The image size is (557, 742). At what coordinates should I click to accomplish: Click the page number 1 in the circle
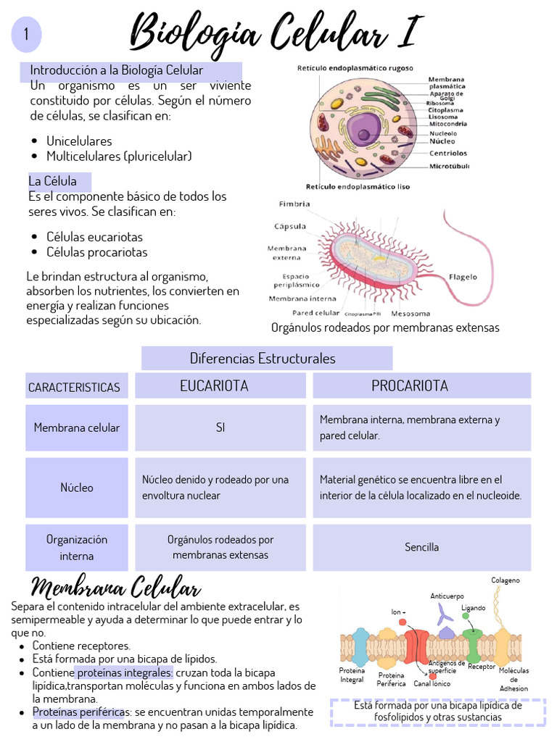pyautogui.click(x=26, y=35)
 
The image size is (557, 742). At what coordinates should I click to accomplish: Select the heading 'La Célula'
pyautogui.click(x=52, y=180)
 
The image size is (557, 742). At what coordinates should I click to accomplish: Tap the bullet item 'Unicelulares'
pyautogui.click(x=79, y=141)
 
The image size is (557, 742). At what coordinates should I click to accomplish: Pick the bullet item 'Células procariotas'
pyautogui.click(x=96, y=252)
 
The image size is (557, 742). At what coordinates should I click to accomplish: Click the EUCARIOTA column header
pyautogui.click(x=214, y=386)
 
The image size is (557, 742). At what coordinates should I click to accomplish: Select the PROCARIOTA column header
pyautogui.click(x=410, y=385)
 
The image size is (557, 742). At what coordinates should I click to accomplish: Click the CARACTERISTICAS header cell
pyautogui.click(x=74, y=388)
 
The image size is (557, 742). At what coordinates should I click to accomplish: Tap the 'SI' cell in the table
pyautogui.click(x=220, y=428)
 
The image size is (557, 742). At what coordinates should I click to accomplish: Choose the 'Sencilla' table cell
pyautogui.click(x=422, y=547)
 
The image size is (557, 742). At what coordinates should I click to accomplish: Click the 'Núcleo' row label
pyautogui.click(x=77, y=488)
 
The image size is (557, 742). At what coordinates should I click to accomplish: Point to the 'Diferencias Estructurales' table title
pyautogui.click(x=263, y=358)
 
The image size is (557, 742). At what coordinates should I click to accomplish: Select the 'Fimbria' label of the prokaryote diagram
pyautogui.click(x=294, y=204)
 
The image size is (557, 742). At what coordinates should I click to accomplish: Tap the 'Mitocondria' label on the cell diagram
pyautogui.click(x=447, y=124)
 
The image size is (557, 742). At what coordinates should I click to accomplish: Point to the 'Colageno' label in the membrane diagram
pyautogui.click(x=506, y=580)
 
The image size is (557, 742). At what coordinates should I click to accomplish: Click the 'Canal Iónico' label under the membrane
pyautogui.click(x=432, y=683)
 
